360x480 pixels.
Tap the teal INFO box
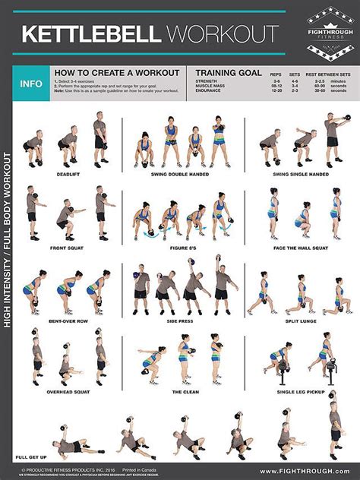[31, 84]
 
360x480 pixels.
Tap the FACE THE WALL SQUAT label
[300, 248]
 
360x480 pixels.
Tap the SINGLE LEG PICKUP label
[300, 392]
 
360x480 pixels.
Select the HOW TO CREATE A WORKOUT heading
[116, 73]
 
